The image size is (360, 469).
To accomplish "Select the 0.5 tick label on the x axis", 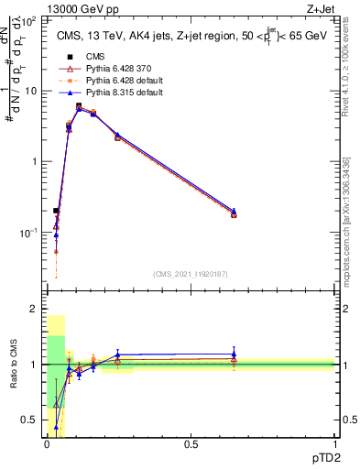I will tap(191, 444).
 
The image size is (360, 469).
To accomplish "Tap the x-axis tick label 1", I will tap(335, 444).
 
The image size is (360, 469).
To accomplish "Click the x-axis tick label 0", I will tap(46, 444).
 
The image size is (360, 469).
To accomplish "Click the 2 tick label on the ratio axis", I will tap(36, 310).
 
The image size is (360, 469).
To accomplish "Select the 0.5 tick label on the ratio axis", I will tap(32, 420).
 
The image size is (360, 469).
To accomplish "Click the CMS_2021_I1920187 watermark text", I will tap(191, 274).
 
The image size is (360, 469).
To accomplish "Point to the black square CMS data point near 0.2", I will tap(56, 211).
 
